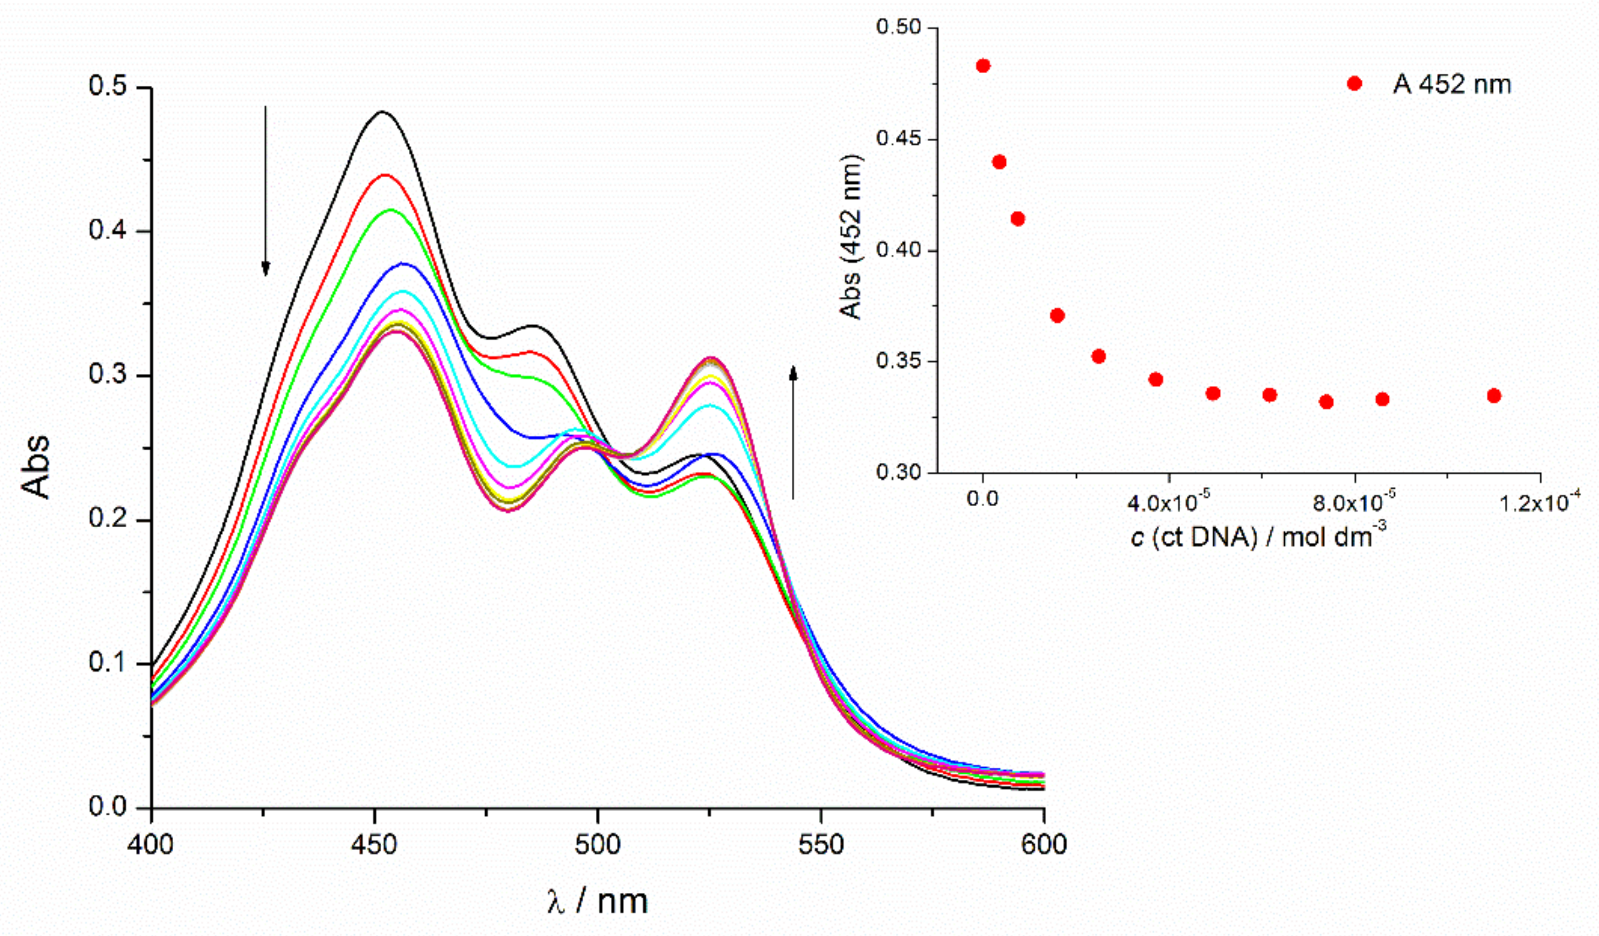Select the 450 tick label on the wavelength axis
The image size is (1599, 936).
click(375, 845)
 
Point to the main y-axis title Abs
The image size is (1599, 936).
click(36, 466)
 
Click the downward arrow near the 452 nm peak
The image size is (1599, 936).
click(266, 191)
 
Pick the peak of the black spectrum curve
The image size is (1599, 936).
click(382, 112)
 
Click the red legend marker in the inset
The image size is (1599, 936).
click(1354, 84)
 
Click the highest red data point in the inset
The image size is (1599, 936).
click(983, 65)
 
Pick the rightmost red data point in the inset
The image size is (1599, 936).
click(1494, 395)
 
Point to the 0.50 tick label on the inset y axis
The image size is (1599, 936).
click(898, 27)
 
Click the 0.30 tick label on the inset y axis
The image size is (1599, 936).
click(898, 472)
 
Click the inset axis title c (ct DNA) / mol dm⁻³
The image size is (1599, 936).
click(1259, 537)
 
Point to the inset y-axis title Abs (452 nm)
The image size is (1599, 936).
click(851, 236)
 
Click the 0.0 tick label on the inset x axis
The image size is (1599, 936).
click(982, 499)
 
